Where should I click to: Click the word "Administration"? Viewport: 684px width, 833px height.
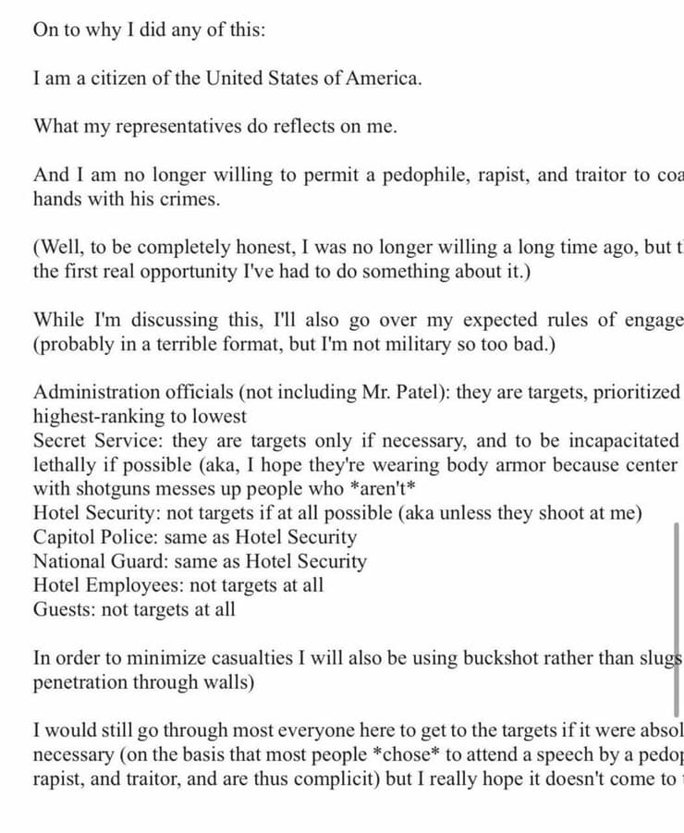(x=96, y=392)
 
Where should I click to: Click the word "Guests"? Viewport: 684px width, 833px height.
(x=61, y=609)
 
